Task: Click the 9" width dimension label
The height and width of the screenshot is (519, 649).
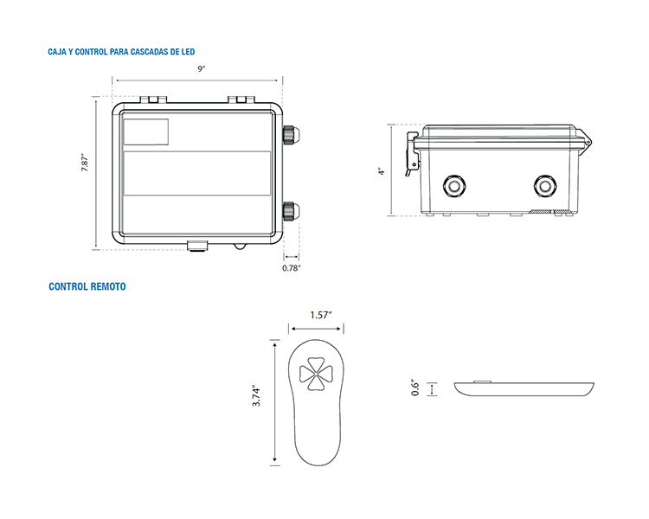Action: pyautogui.click(x=201, y=68)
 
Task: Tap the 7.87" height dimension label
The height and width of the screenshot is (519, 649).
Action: pyautogui.click(x=85, y=163)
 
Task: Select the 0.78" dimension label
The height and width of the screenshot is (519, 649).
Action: pyautogui.click(x=292, y=268)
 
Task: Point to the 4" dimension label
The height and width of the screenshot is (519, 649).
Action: pyautogui.click(x=382, y=171)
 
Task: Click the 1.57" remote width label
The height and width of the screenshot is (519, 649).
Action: pyautogui.click(x=321, y=315)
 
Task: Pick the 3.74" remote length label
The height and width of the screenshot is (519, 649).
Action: pyautogui.click(x=256, y=397)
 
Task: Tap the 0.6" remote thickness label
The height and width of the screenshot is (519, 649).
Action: pyautogui.click(x=415, y=388)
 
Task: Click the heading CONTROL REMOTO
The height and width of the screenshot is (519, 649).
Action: pyautogui.click(x=87, y=286)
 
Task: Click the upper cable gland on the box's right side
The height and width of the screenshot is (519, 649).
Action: pyautogui.click(x=291, y=134)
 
